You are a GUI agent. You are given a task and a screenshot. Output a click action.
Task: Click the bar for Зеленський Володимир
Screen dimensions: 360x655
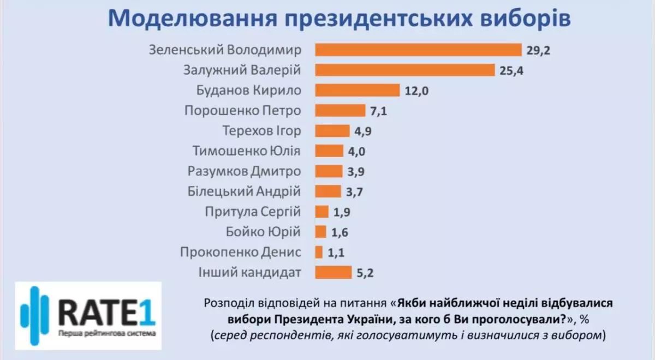click(x=419, y=50)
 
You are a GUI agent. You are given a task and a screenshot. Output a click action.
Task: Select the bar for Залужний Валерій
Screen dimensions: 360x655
click(x=405, y=70)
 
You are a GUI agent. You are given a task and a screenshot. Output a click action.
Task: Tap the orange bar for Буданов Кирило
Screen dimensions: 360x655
click(x=358, y=91)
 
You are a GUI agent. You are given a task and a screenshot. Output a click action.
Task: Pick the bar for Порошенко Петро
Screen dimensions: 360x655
click(x=340, y=111)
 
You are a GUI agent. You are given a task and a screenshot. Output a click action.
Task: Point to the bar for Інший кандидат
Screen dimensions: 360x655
click(x=334, y=272)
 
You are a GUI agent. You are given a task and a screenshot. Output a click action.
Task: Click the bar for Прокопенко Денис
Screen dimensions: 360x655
click(x=319, y=252)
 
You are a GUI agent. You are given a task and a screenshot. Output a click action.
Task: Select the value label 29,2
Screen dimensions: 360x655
click(x=539, y=51)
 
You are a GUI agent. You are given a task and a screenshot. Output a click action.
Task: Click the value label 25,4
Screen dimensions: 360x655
click(x=511, y=71)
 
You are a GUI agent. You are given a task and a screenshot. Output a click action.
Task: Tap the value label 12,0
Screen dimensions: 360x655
click(x=417, y=91)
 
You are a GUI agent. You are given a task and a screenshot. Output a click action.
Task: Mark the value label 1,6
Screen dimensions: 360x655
click(x=340, y=232)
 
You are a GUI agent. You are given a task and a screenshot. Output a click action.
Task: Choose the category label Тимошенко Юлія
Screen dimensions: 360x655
click(x=247, y=151)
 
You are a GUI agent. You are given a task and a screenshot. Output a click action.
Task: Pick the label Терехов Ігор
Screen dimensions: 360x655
click(x=262, y=131)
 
